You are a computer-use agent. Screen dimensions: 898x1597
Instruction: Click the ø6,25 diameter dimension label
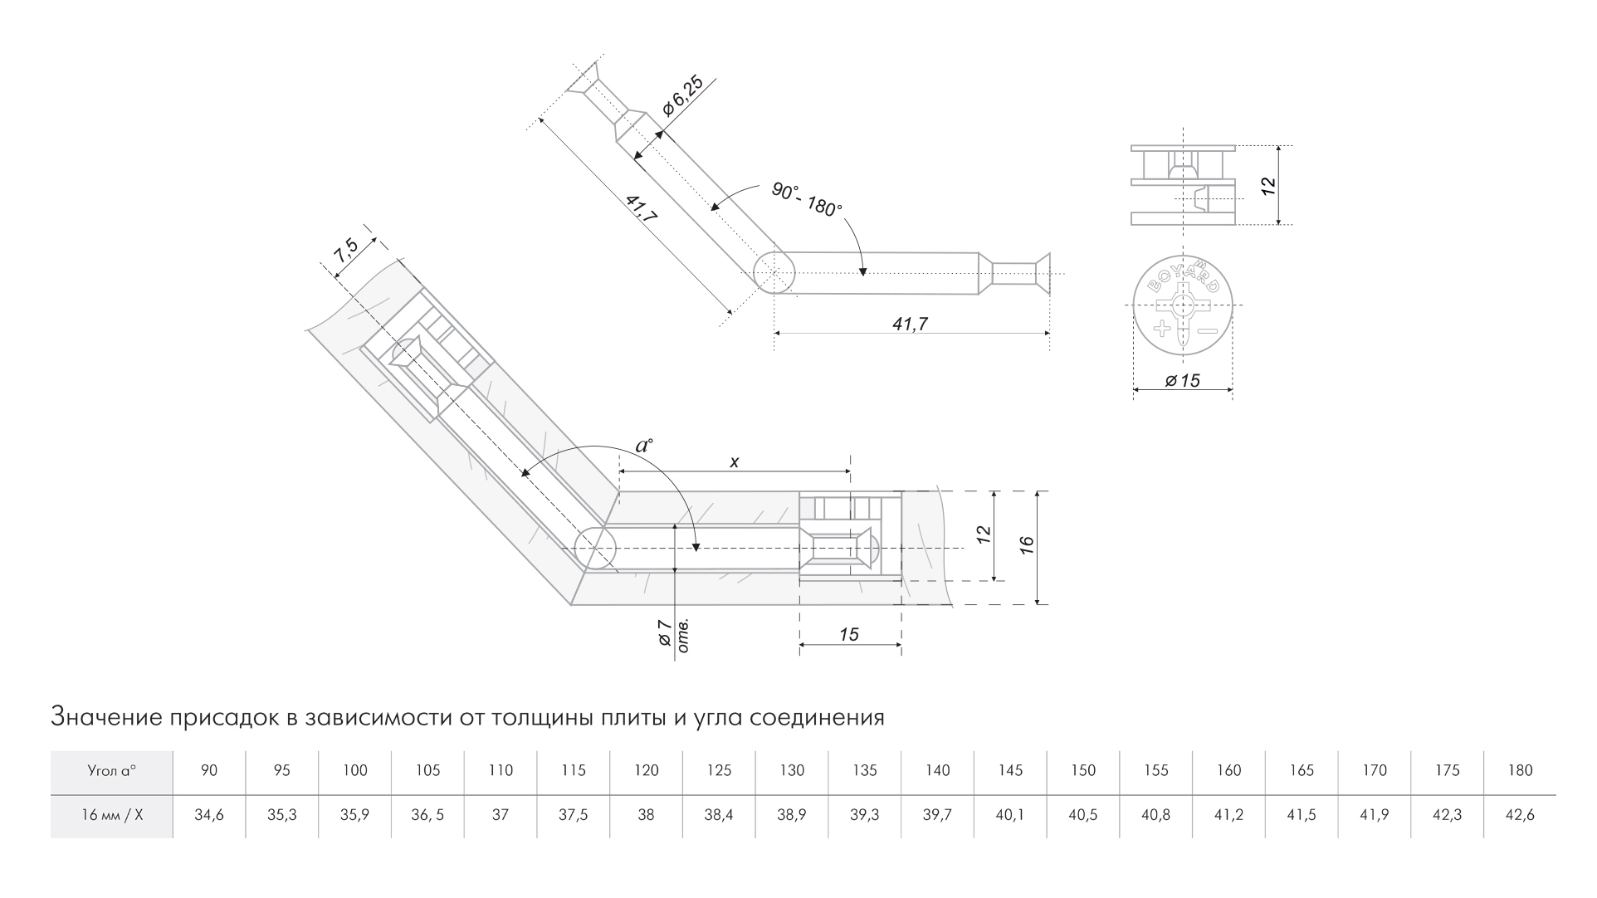pyautogui.click(x=682, y=96)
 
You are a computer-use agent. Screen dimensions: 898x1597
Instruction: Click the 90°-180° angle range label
pyautogui.click(x=806, y=199)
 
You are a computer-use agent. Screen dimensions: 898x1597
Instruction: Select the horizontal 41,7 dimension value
pyautogui.click(x=910, y=325)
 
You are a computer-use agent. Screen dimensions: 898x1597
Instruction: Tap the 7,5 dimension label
pyautogui.click(x=346, y=251)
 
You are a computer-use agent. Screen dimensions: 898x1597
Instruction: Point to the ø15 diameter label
pyautogui.click(x=1182, y=381)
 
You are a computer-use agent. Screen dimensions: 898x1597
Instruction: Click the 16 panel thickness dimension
pyautogui.click(x=1028, y=545)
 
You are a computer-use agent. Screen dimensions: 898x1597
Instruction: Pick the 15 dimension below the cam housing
pyautogui.click(x=848, y=635)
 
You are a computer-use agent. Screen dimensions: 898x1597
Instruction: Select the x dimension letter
pyautogui.click(x=734, y=462)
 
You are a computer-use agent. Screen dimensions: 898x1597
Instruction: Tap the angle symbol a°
pyautogui.click(x=644, y=445)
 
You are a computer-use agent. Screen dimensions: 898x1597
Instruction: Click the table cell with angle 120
pyautogui.click(x=646, y=770)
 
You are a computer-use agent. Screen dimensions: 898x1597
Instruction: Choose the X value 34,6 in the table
pyautogui.click(x=208, y=815)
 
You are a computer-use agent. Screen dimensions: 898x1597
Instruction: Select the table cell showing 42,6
pyautogui.click(x=1519, y=815)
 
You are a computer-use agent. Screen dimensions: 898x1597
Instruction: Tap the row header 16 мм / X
pyautogui.click(x=111, y=815)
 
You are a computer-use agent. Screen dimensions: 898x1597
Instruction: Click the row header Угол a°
pyautogui.click(x=111, y=770)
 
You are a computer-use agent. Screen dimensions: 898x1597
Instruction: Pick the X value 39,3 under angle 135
pyautogui.click(x=864, y=815)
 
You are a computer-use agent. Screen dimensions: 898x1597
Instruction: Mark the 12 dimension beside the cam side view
pyautogui.click(x=1267, y=185)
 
